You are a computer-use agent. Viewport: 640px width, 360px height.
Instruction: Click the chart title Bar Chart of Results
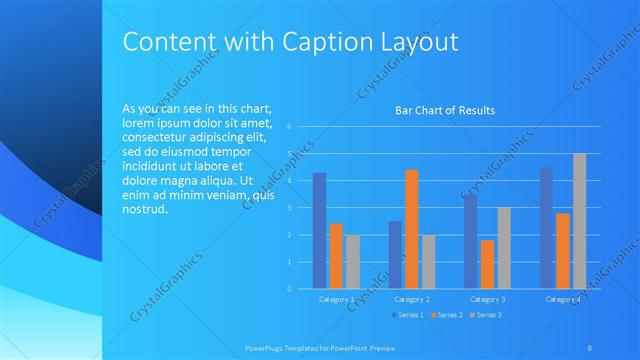tap(445, 110)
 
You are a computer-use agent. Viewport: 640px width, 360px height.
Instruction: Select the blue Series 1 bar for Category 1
tap(319, 231)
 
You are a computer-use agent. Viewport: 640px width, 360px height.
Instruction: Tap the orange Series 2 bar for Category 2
tap(411, 229)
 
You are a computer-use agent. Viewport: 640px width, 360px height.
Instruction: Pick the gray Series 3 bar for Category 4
tap(579, 221)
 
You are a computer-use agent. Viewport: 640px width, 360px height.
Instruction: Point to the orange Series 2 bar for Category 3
tap(487, 264)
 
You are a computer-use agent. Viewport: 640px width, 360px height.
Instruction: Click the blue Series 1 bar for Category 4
tap(546, 228)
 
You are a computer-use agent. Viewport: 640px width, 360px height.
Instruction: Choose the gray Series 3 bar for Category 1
tap(353, 262)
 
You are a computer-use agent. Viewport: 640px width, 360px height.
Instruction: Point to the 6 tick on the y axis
tap(288, 127)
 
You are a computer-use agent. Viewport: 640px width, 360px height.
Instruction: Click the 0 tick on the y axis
tap(288, 289)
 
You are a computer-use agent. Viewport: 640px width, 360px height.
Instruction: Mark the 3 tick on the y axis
tap(288, 208)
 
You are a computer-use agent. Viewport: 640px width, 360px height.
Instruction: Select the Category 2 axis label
tap(412, 299)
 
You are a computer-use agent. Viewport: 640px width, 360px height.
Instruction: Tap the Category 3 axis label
tap(488, 299)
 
